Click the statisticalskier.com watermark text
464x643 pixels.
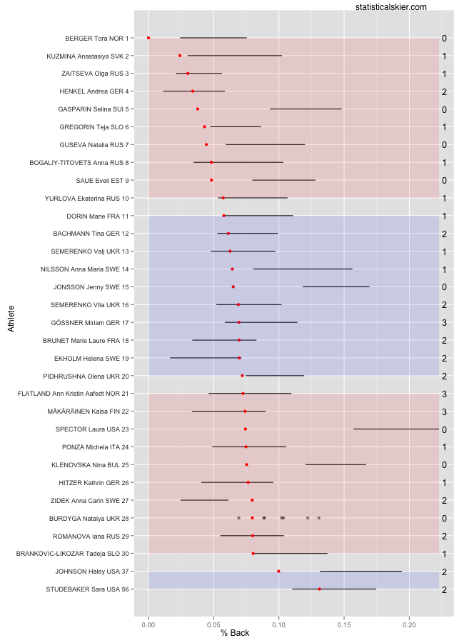coord(390,7)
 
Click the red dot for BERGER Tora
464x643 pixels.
coord(148,38)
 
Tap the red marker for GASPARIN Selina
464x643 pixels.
coord(198,109)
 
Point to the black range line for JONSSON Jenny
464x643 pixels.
coord(336,287)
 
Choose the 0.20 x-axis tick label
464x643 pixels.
coord(409,624)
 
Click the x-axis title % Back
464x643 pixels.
coord(235,633)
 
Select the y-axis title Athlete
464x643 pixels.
coord(11,318)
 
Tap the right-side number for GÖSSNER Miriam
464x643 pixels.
coord(444,323)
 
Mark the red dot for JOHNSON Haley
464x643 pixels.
coord(278,572)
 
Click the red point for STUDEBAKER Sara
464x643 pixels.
coord(319,589)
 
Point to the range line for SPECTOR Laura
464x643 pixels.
coord(396,429)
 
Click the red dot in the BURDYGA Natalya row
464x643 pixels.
coord(252,518)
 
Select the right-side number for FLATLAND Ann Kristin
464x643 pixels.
coord(444,394)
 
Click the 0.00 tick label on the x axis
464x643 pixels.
coord(148,624)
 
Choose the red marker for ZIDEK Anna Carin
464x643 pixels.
coord(252,500)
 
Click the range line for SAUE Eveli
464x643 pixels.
coord(283,180)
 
